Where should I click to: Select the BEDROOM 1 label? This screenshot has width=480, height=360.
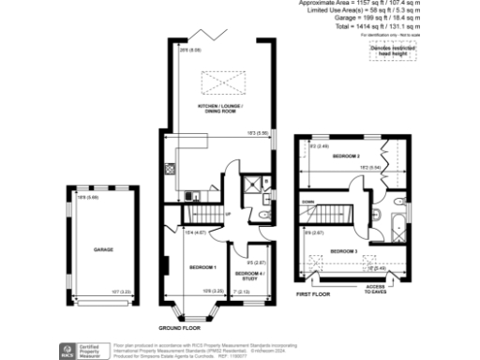[x=202, y=268]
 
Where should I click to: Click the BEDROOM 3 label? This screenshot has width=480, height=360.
[x=343, y=252]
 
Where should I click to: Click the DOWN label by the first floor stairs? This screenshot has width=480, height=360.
[x=308, y=200]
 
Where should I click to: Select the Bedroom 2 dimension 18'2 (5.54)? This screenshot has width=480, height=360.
[x=368, y=166]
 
